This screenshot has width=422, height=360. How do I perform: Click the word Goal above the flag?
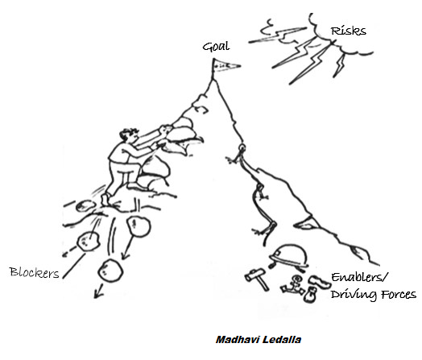point(216,46)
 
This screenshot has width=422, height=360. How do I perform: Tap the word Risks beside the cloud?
point(348,31)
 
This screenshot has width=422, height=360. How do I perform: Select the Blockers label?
point(34,272)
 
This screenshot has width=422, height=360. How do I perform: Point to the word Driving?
point(354,295)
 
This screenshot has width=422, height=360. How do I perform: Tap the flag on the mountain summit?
point(225,66)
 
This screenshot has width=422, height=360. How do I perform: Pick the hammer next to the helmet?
point(257,279)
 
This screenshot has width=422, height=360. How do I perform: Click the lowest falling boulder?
point(110,270)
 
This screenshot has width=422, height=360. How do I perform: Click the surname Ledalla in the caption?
point(282,340)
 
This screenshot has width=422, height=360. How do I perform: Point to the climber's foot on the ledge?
point(106,199)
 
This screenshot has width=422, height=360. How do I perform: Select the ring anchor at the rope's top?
point(242,147)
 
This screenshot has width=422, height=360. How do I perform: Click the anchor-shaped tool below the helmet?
point(293,286)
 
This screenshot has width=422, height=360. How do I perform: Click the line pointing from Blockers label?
point(74,266)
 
